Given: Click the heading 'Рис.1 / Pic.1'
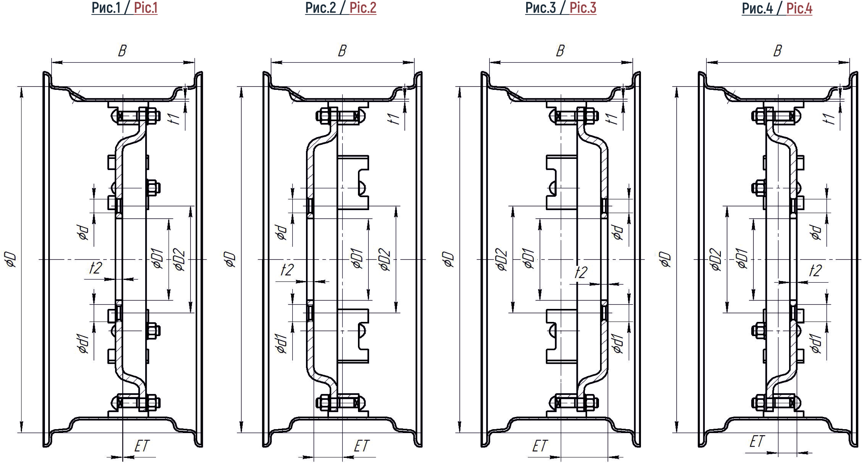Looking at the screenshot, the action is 124,8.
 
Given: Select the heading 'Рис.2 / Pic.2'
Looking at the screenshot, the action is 341,8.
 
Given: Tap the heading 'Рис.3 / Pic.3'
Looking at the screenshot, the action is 561,8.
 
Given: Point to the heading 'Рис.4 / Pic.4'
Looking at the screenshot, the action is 777,8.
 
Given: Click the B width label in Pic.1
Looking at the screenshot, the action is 122,50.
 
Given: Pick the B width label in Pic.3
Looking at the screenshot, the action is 560,50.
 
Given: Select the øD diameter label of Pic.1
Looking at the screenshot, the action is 10,260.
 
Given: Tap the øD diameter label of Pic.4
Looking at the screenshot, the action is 665,260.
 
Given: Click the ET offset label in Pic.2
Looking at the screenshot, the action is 361,446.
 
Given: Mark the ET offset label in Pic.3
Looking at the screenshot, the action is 540,446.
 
